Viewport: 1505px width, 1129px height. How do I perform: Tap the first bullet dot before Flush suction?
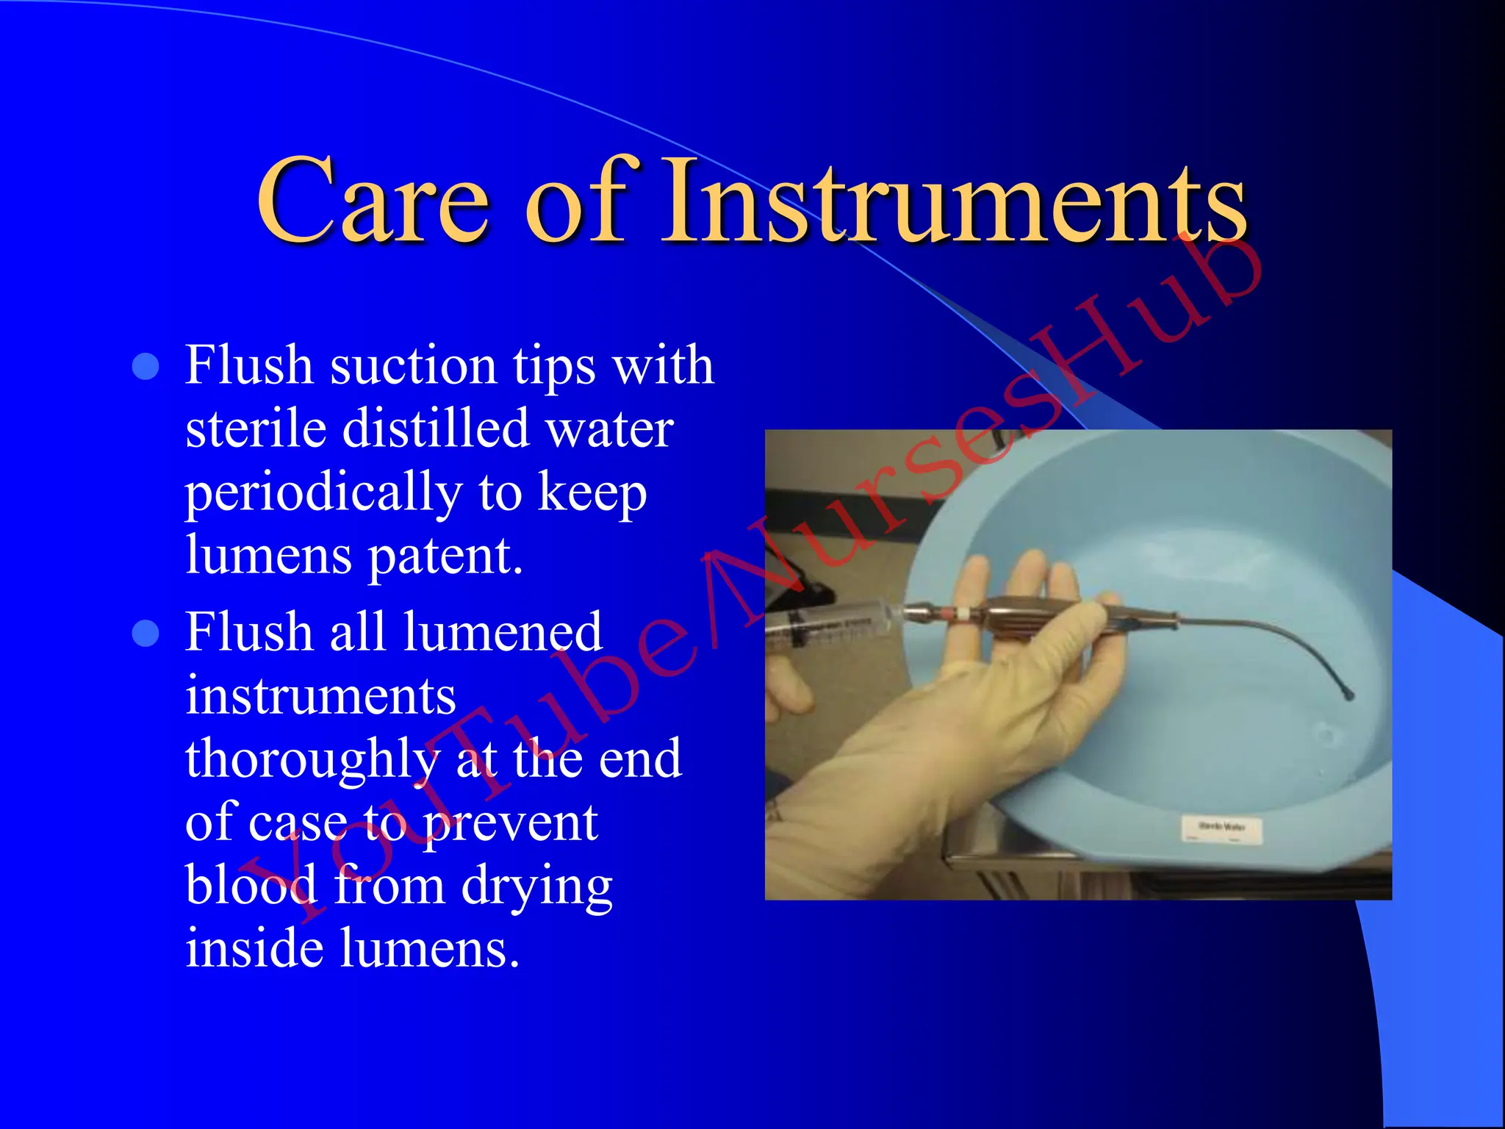(146, 366)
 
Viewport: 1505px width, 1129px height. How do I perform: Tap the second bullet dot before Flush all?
(146, 633)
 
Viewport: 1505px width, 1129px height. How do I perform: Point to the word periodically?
(323, 494)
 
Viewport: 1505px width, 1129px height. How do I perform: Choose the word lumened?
(503, 632)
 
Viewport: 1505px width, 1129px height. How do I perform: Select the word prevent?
(510, 822)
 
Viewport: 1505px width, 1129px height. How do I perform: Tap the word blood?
(251, 885)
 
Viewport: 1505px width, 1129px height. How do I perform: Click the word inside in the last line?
(254, 948)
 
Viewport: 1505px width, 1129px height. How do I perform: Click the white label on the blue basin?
(1221, 828)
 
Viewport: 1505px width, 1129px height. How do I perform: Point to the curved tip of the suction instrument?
(1348, 694)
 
